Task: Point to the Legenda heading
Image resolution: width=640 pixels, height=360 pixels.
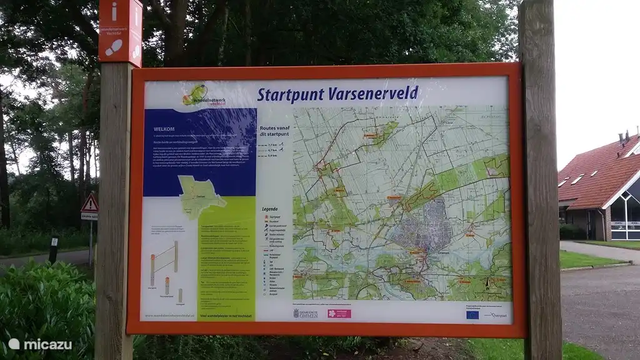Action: [269, 209]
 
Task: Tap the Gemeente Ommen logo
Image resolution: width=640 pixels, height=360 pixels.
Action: [306, 313]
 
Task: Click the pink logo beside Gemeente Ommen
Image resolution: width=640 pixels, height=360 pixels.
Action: [339, 313]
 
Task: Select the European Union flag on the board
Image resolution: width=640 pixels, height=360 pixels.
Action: [472, 314]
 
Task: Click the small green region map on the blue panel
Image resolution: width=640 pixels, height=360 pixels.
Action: [201, 196]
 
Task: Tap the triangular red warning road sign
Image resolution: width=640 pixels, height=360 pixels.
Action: [90, 204]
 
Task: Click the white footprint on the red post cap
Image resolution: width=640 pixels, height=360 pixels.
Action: [114, 47]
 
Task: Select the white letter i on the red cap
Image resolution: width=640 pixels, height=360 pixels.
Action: [114, 11]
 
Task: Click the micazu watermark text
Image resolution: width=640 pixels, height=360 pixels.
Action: [41, 344]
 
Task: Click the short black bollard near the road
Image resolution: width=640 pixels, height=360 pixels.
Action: [54, 249]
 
